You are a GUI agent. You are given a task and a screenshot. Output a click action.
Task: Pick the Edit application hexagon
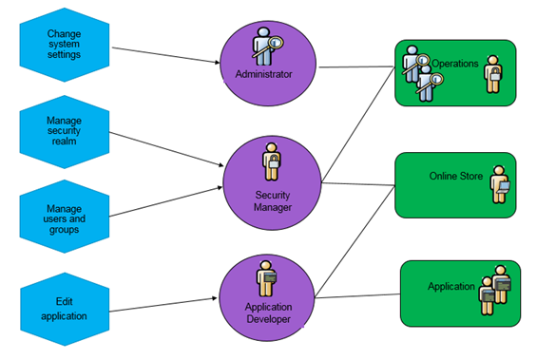point(64,309)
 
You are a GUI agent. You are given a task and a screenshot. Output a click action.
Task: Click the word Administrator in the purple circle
point(263,73)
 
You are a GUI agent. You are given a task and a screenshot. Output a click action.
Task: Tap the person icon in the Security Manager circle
point(271,161)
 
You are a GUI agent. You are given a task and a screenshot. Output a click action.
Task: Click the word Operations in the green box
point(455,63)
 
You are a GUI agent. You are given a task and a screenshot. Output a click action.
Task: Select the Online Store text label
point(456,176)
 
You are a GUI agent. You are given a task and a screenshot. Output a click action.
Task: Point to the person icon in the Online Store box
point(500,184)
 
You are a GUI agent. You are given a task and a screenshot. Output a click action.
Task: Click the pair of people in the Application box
point(495,295)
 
